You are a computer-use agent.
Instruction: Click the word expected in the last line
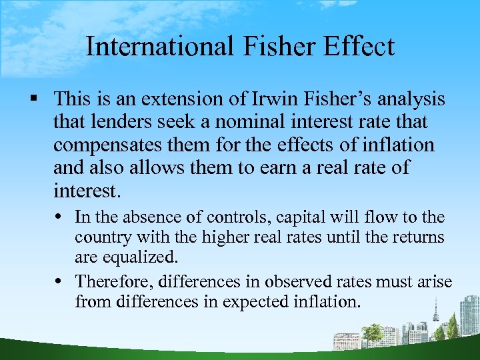pyautogui.click(x=252, y=302)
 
